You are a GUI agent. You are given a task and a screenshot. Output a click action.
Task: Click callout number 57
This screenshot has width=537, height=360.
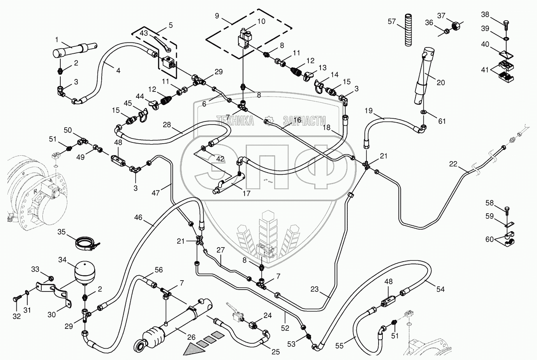tap(392, 21)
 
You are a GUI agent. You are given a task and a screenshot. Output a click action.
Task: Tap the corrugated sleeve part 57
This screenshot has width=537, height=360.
tap(408, 30)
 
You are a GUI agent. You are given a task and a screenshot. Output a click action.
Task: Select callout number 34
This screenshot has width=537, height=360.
tap(63, 260)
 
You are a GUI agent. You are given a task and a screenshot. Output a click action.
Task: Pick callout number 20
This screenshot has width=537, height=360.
tap(440, 83)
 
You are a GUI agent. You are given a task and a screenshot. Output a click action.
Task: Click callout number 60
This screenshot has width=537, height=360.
tap(489, 239)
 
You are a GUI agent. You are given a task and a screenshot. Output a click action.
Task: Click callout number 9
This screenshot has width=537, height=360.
tap(217, 16)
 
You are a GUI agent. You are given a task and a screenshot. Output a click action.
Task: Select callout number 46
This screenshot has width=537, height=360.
tap(139, 217)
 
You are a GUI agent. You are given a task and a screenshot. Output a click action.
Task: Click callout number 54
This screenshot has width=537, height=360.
tap(440, 289)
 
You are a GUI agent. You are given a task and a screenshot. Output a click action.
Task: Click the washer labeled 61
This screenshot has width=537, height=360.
tap(423, 112)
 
